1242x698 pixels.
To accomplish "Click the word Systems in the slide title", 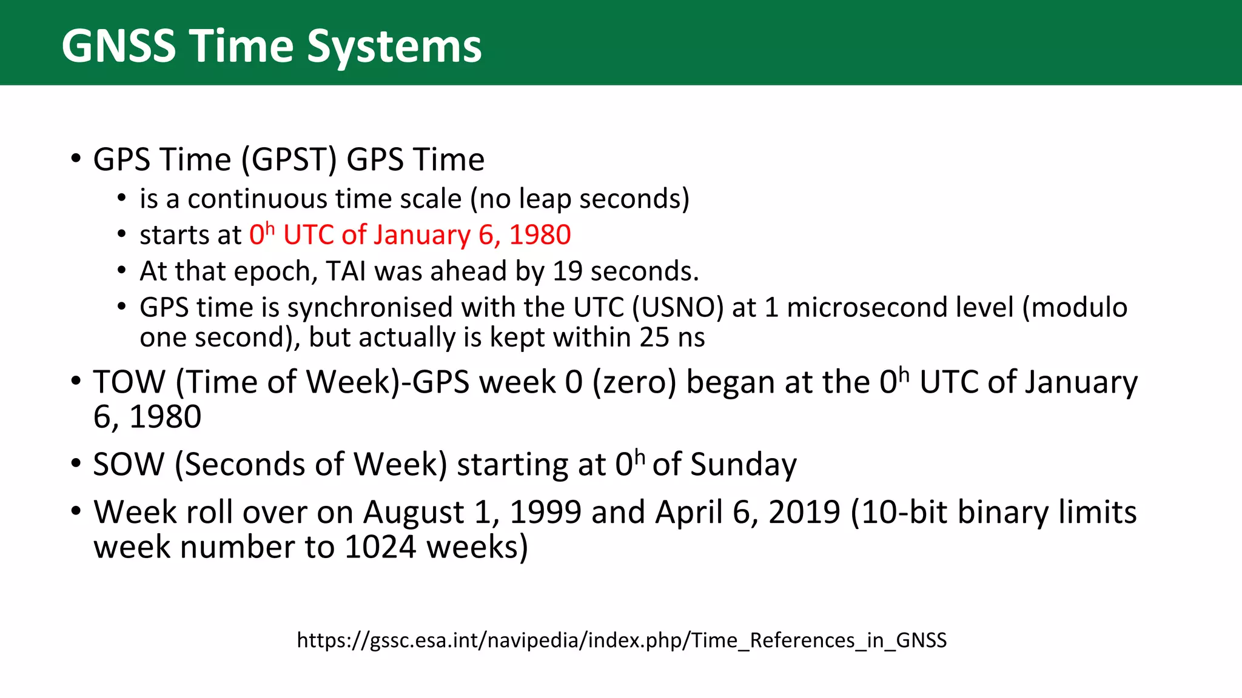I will click(394, 47).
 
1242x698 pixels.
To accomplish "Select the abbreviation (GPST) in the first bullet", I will click(289, 160).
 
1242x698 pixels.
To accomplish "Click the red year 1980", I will click(540, 235).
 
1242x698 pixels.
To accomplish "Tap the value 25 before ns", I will click(654, 337).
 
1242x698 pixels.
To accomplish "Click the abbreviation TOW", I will click(129, 383).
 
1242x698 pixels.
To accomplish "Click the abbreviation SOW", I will click(129, 465).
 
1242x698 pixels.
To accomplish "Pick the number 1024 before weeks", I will click(380, 548).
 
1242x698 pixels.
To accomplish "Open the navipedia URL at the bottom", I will click(622, 640).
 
